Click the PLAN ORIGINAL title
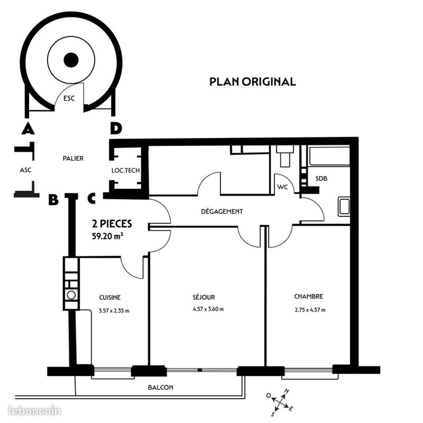tap(252, 82)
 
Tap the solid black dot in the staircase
tap(71, 60)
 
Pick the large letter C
tap(91, 199)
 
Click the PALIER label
tap(73, 158)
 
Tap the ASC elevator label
tap(25, 170)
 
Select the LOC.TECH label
tap(126, 170)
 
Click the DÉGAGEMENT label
tap(222, 211)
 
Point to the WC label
tap(282, 187)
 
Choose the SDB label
tap(321, 178)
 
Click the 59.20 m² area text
tap(108, 236)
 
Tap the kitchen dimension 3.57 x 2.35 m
tap(114, 311)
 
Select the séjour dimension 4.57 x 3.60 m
tap(208, 309)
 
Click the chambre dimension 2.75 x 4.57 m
tap(310, 310)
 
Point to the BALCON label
tap(160, 387)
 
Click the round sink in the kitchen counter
tap(71, 295)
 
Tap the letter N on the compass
tap(286, 391)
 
